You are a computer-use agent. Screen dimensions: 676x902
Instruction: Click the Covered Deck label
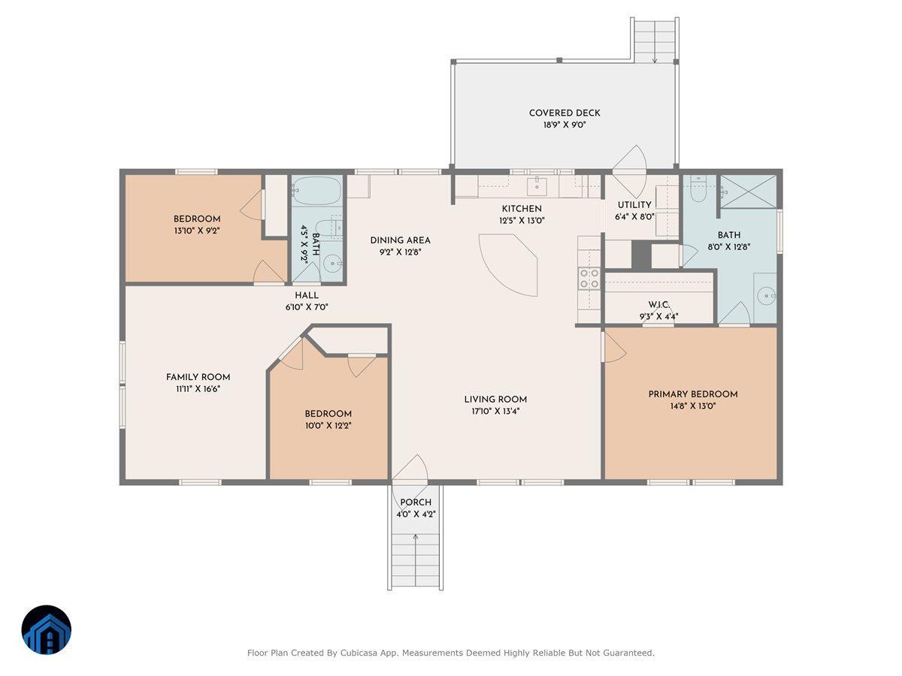[x=565, y=113]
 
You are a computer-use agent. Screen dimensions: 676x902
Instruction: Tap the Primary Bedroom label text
[x=692, y=394]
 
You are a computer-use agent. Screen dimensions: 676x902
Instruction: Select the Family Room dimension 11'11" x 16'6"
[x=198, y=389]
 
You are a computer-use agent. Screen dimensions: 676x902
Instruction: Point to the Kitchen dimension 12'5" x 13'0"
[x=521, y=221]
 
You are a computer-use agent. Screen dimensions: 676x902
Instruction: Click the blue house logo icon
[x=47, y=629]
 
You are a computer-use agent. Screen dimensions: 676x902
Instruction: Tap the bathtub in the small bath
[x=316, y=191]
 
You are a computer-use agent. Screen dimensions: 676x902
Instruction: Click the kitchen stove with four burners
[x=589, y=279]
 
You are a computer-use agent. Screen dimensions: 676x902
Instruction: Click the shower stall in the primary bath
[x=748, y=192]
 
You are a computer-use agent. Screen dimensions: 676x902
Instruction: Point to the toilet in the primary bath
[x=697, y=191]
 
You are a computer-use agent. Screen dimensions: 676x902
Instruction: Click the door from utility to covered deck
[x=628, y=161]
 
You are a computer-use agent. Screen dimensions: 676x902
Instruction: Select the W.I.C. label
[x=658, y=305]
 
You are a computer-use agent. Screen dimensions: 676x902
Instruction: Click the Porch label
[x=416, y=502]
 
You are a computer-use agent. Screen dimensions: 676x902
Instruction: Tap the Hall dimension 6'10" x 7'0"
[x=307, y=307]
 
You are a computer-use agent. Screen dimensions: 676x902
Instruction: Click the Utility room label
[x=634, y=205]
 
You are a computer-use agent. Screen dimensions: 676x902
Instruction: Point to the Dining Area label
[x=400, y=240]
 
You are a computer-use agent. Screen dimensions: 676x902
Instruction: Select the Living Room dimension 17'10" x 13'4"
[x=495, y=411]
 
